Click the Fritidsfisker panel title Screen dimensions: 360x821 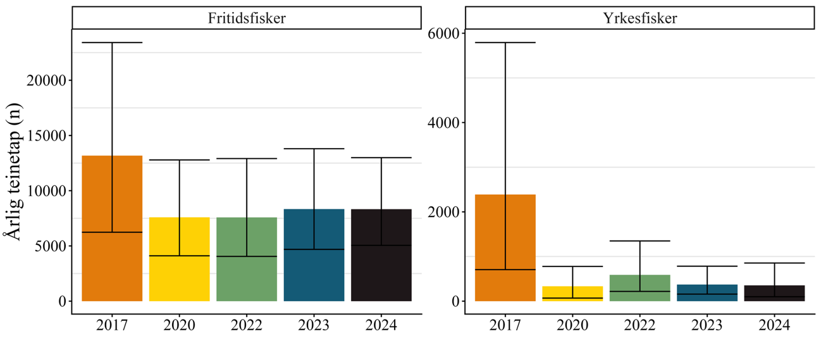(x=247, y=18)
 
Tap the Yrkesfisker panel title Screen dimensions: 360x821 (x=639, y=18)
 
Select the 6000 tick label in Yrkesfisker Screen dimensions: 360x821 (x=445, y=33)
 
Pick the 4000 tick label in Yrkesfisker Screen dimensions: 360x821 (x=445, y=122)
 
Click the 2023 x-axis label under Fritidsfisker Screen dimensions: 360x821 (x=314, y=326)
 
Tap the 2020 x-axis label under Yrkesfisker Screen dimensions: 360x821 (x=572, y=326)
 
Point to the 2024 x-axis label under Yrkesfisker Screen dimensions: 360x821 (x=775, y=326)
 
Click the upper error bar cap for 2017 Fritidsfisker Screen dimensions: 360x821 (x=112, y=42)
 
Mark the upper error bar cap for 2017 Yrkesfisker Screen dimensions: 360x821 (x=505, y=42)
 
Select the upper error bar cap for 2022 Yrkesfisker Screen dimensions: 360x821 (x=640, y=241)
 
